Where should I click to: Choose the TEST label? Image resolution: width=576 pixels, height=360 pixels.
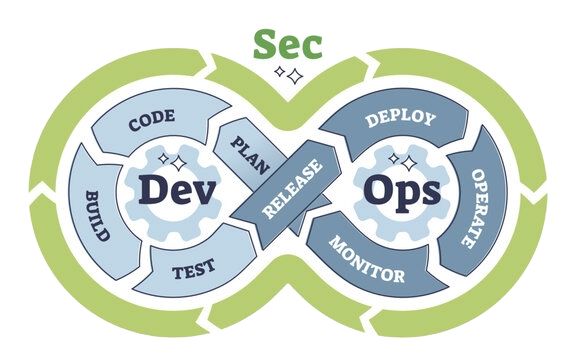click(193, 269)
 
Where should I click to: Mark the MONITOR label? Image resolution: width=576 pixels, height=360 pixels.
click(368, 260)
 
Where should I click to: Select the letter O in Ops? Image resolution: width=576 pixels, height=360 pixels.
click(378, 189)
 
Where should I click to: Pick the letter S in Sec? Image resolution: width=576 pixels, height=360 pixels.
click(265, 45)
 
